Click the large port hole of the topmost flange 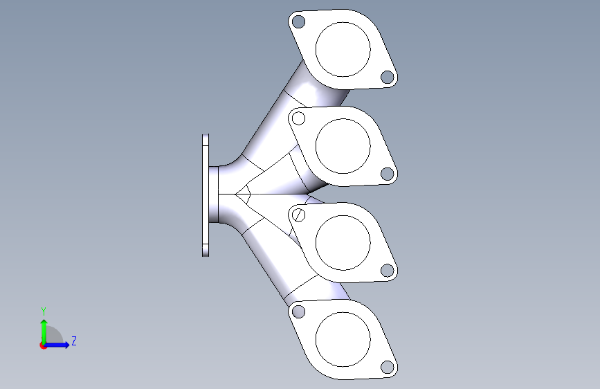click(x=343, y=49)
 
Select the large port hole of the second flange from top click(x=343, y=145)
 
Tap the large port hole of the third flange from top click(x=343, y=242)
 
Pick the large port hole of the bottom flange click(x=343, y=339)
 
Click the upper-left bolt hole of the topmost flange click(x=298, y=21)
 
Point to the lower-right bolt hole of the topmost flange click(x=388, y=77)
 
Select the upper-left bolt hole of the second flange click(x=298, y=118)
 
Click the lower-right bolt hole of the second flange click(x=388, y=174)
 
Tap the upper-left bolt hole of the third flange click(x=298, y=215)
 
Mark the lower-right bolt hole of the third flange click(x=388, y=271)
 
